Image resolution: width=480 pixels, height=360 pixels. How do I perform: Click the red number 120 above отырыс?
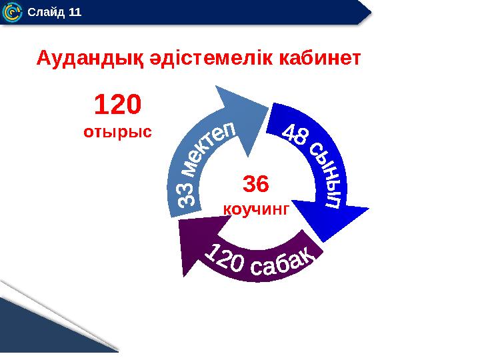click(117, 105)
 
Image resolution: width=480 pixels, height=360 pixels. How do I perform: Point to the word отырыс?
click(117, 131)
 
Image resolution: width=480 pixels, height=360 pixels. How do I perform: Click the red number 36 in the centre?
click(255, 184)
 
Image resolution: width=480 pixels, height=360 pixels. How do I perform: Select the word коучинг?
click(255, 209)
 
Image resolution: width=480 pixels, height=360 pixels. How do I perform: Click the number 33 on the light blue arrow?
click(189, 193)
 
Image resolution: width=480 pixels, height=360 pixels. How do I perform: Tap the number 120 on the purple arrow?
click(223, 257)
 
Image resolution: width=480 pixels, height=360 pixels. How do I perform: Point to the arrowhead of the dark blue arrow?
click(333, 220)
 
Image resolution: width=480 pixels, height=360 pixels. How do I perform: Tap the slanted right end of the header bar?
click(363, 11)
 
